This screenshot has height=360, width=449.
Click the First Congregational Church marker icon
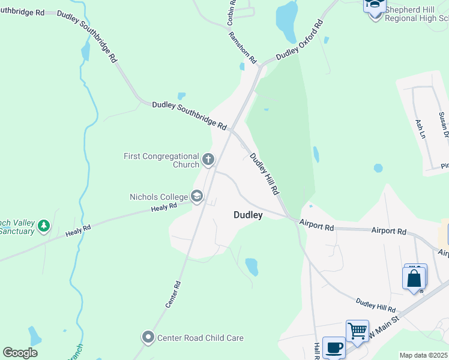pyautogui.click(x=208, y=159)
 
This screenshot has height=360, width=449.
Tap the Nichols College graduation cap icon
pyautogui.click(x=197, y=196)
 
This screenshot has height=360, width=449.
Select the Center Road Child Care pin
pyautogui.click(x=148, y=338)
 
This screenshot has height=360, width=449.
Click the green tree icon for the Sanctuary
pyautogui.click(x=43, y=226)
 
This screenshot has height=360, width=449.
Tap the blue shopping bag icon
pyautogui.click(x=414, y=279)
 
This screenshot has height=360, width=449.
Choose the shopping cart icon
pyautogui.click(x=357, y=331)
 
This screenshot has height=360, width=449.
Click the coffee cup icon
pyautogui.click(x=334, y=347)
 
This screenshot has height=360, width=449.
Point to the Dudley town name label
pyautogui.click(x=248, y=215)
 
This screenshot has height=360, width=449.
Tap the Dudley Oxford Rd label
pyautogui.click(x=300, y=40)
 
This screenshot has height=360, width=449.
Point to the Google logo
pyautogui.click(x=20, y=353)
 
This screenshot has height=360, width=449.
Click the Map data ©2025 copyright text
pyautogui.click(x=424, y=355)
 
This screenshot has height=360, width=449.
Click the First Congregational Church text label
pyautogui.click(x=161, y=160)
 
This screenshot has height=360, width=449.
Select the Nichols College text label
pyautogui.click(x=159, y=196)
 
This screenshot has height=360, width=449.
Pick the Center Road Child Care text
pyautogui.click(x=200, y=338)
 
